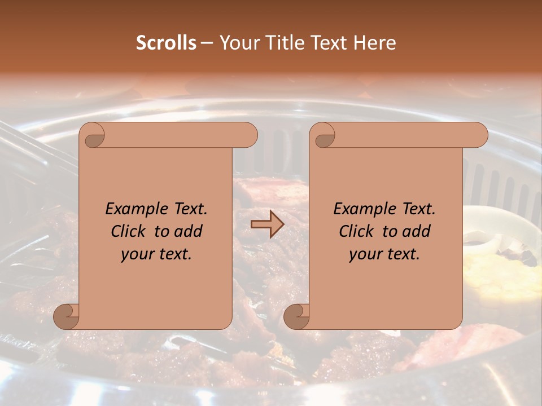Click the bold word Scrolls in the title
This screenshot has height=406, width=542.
point(166,43)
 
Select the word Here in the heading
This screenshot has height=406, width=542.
point(375,43)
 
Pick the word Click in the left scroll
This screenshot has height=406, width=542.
point(129,231)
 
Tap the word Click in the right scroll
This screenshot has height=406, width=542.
point(357,231)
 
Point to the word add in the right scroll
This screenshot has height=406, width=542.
point(417,231)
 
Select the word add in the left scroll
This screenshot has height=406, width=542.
point(189,231)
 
